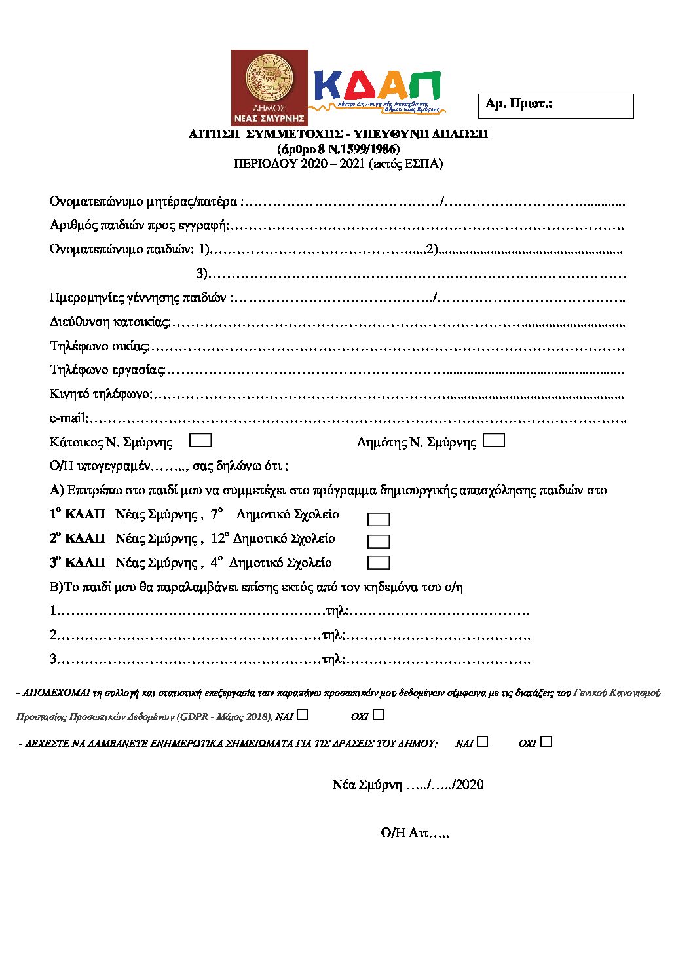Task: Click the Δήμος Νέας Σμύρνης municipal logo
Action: [269, 88]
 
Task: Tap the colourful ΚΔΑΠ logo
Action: [378, 90]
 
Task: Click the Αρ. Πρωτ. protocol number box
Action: [556, 106]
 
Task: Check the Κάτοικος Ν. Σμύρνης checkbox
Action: [200, 441]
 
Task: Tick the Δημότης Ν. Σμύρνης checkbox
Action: [493, 441]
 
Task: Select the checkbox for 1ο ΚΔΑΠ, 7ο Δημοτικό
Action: [379, 519]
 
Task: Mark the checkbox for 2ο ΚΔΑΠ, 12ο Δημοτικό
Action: [379, 541]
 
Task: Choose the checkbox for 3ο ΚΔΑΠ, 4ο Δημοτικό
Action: [379, 563]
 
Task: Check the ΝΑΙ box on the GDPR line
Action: [302, 715]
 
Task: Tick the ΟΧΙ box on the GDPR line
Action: [378, 715]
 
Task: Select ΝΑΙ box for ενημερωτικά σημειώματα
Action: [483, 742]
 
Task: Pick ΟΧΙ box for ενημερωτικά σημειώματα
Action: [546, 742]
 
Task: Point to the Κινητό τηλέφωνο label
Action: [100, 394]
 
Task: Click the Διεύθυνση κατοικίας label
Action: [109, 321]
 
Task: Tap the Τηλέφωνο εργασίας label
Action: [107, 370]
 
